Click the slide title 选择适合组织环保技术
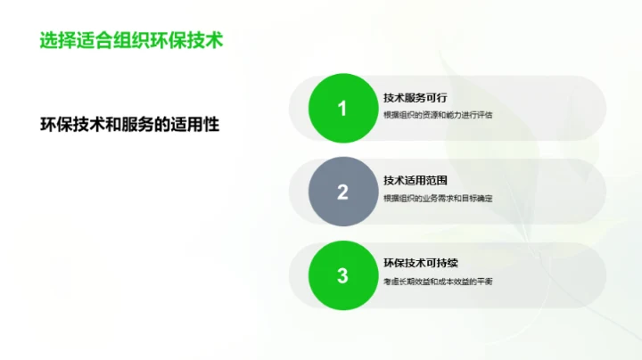(x=130, y=41)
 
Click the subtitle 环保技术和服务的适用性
(x=129, y=124)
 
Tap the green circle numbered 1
(x=342, y=109)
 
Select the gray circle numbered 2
(x=342, y=192)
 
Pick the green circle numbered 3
(x=342, y=275)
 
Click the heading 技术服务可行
(x=415, y=98)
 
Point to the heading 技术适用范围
(x=415, y=181)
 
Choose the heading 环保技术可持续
(x=420, y=264)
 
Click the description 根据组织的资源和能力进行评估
(x=438, y=115)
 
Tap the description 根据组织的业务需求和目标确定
(x=438, y=198)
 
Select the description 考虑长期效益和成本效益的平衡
(x=438, y=282)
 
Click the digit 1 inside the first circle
(x=342, y=109)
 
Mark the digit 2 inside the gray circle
(x=342, y=192)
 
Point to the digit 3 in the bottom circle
(x=342, y=275)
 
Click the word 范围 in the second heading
(x=436, y=181)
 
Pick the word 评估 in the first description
(x=484, y=115)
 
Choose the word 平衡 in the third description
(x=484, y=282)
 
